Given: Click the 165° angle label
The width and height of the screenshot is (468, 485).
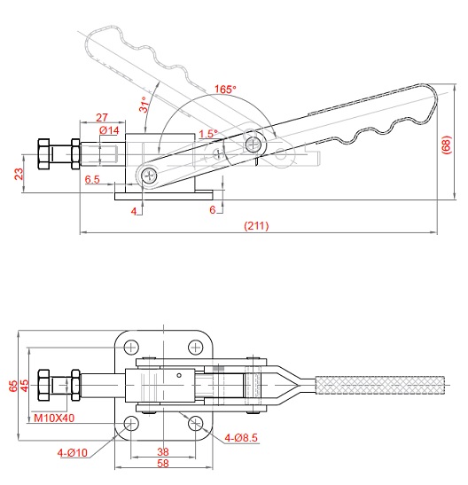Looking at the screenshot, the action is tap(225, 89).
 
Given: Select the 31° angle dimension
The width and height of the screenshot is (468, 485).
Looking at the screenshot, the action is tap(144, 105).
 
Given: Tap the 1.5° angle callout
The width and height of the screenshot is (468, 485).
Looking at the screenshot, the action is tap(208, 134).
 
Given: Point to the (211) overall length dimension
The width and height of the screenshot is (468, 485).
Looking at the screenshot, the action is tap(256, 225).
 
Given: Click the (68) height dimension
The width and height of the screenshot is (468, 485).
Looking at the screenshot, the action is tap(447, 145).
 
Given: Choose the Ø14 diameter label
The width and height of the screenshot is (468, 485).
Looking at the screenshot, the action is tap(109, 130).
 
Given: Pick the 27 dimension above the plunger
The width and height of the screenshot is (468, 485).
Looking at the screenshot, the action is tap(102, 118).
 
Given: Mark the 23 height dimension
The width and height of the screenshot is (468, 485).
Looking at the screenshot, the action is tap(19, 174).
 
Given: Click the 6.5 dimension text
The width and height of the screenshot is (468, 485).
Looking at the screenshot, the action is tap(92, 179).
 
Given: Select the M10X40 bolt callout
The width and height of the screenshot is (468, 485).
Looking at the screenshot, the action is tap(54, 419).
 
